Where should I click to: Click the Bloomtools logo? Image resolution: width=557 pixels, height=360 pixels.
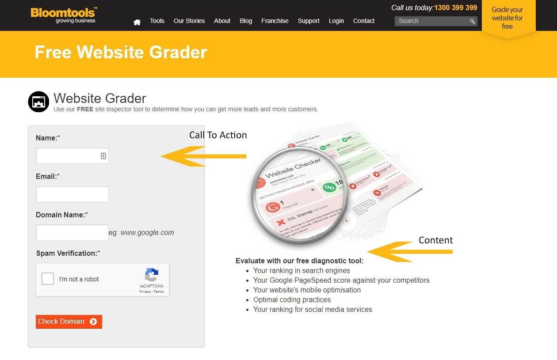tap(64, 15)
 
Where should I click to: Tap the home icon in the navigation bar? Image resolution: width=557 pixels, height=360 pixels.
tap(137, 22)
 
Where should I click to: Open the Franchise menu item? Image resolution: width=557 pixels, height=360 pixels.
tap(275, 21)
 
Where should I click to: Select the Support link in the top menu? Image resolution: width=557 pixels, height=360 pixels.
tap(309, 21)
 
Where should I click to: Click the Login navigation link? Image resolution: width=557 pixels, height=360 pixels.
tap(336, 21)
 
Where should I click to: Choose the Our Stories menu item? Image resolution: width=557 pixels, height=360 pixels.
tap(189, 21)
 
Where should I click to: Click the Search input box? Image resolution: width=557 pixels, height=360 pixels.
tap(431, 21)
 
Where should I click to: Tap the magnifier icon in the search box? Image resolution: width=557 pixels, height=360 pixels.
tap(472, 21)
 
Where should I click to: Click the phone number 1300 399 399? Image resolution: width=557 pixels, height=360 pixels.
tap(455, 8)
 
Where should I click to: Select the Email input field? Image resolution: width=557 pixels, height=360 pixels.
tap(72, 194)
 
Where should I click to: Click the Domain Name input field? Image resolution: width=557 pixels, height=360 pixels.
tap(72, 233)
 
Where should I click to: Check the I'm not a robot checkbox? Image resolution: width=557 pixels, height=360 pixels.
tap(48, 279)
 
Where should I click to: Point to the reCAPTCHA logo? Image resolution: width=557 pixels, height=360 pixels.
tap(152, 275)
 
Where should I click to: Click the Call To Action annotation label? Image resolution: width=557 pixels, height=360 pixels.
tap(218, 135)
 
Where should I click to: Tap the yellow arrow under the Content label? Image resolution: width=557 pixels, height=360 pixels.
tap(409, 252)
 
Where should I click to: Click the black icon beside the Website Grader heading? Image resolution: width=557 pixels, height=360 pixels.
tap(38, 102)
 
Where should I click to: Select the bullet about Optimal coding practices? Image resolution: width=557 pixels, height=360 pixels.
tap(292, 299)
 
